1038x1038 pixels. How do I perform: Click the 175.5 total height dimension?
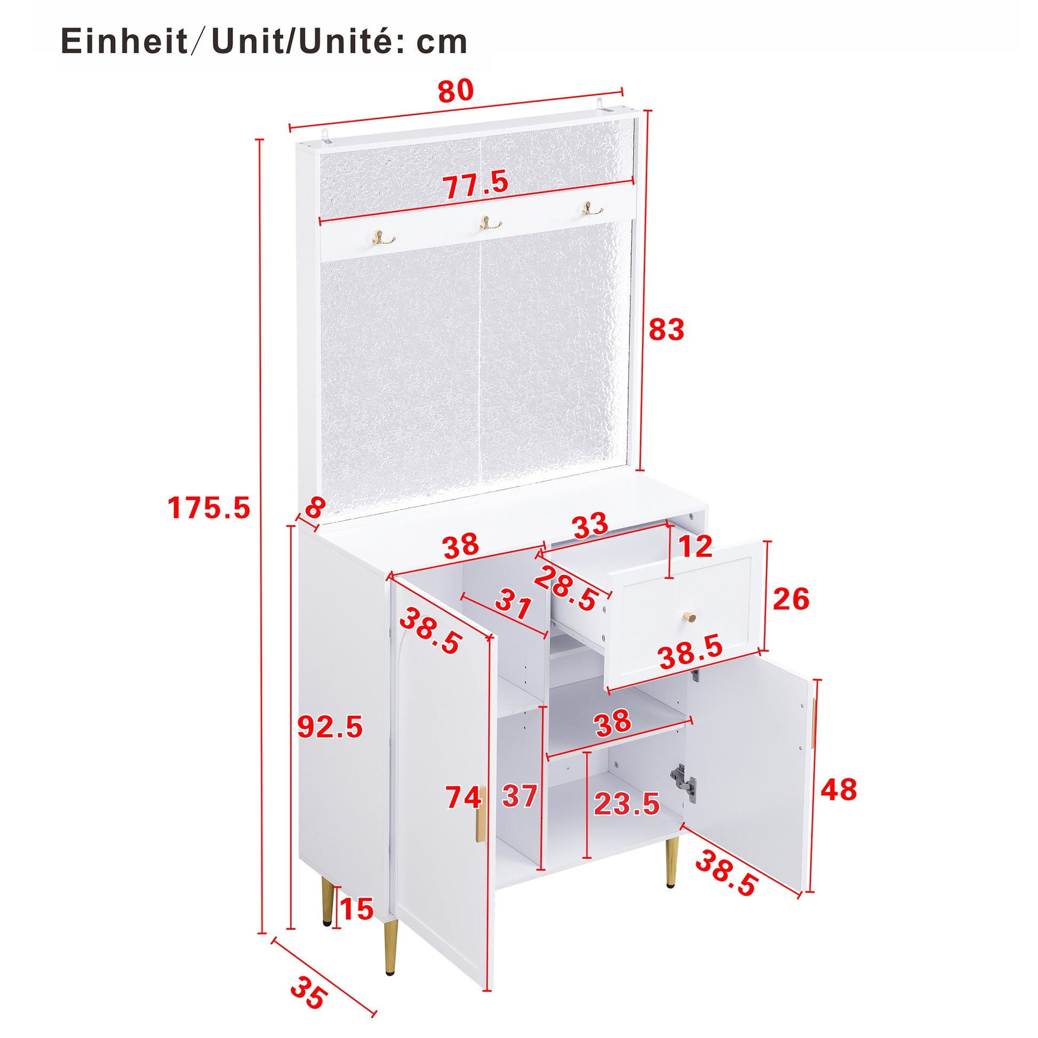[x=209, y=508]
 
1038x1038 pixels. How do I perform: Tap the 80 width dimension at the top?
[x=456, y=91]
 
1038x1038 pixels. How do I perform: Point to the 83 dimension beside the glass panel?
[x=666, y=330]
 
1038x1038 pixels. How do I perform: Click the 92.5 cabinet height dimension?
[x=330, y=728]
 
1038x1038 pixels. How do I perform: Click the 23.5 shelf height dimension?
[x=626, y=804]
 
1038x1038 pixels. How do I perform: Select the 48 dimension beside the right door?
[x=839, y=791]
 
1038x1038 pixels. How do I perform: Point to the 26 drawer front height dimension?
[x=791, y=599]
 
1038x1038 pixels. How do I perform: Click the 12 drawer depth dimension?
[x=695, y=547]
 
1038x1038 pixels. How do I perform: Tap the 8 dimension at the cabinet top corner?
[x=315, y=508]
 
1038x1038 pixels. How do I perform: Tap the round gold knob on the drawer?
[x=689, y=617]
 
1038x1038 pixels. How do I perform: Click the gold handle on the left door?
[x=480, y=820]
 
